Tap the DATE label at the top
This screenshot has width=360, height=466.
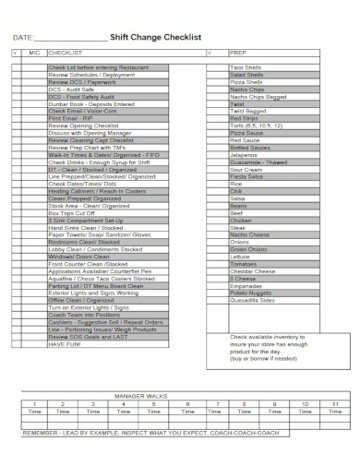tap(22, 38)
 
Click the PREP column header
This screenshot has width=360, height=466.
tap(236, 54)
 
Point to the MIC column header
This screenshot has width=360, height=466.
tap(35, 54)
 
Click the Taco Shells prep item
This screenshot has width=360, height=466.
tap(246, 68)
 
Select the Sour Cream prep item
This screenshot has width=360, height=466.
tap(246, 171)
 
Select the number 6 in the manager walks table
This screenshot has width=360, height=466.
tap(188, 404)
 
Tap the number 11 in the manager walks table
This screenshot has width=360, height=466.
tap(336, 404)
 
